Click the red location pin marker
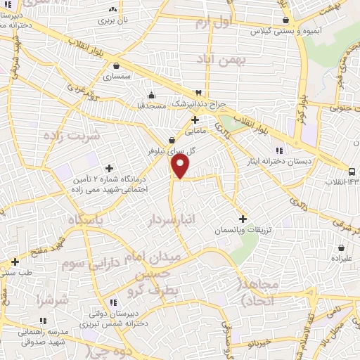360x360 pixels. click(181, 166)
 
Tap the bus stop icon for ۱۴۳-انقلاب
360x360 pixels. click(352, 172)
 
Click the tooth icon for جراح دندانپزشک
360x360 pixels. click(199, 93)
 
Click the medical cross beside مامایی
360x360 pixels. click(195, 120)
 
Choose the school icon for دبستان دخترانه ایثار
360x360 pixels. click(281, 150)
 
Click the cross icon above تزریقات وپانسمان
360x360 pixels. click(243, 219)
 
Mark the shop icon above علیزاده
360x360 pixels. click(341, 248)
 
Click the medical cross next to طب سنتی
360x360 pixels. click(15, 262)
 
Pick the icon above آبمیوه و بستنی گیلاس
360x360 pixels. click(285, 20)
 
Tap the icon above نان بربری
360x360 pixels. click(113, 10)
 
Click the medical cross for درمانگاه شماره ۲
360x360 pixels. click(109, 168)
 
